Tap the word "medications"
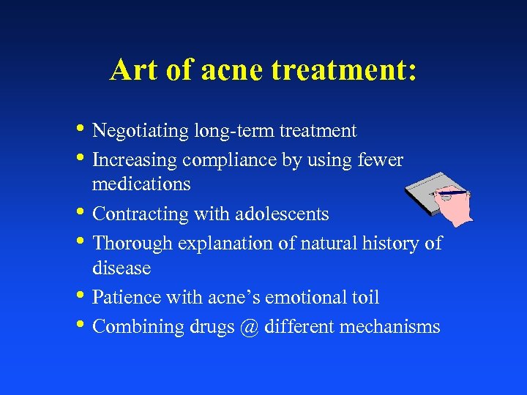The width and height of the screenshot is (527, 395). click(x=141, y=184)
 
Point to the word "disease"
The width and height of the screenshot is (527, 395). click(x=122, y=268)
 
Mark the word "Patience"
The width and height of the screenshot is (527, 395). click(x=127, y=298)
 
